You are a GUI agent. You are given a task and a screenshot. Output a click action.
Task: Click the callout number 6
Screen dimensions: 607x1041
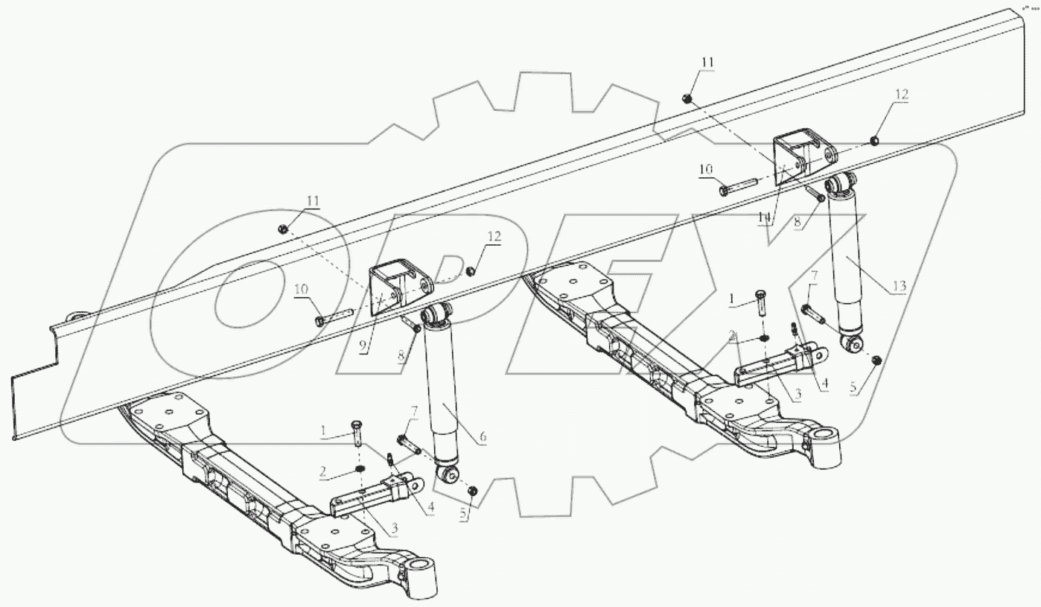click(x=483, y=437)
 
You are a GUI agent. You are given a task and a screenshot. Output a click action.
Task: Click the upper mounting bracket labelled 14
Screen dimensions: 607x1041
click(x=794, y=157)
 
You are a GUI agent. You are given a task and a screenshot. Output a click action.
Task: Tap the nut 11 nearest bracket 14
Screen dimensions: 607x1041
click(x=688, y=98)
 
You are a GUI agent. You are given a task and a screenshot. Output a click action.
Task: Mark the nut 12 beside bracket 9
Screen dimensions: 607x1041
click(x=471, y=269)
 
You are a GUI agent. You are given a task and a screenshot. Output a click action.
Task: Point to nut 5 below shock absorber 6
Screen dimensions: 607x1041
click(x=472, y=491)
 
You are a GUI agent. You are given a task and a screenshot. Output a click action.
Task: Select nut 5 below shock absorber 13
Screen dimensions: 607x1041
click(x=876, y=360)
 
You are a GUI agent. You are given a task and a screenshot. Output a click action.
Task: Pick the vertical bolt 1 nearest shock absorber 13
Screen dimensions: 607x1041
click(x=759, y=303)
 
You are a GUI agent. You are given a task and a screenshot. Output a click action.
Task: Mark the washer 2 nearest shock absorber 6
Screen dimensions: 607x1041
click(x=358, y=468)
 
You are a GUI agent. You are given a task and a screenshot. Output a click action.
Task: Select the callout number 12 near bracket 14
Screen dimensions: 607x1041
click(x=902, y=95)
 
